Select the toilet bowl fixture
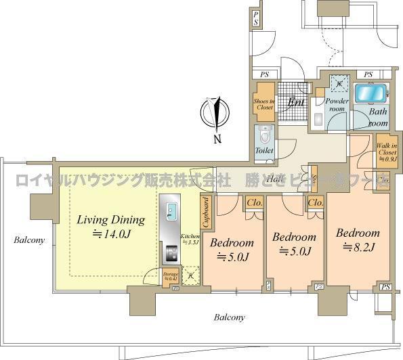pyautogui.click(x=263, y=134)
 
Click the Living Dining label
pyautogui.click(x=110, y=220)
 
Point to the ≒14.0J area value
pyautogui.click(x=110, y=235)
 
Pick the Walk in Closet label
pyautogui.click(x=387, y=149)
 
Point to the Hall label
pyautogui.click(x=274, y=180)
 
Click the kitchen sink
pyautogui.click(x=171, y=215)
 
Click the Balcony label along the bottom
pyautogui.click(x=230, y=317)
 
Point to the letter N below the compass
pyautogui.click(x=217, y=140)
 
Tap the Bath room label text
pyautogui.click(x=379, y=119)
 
